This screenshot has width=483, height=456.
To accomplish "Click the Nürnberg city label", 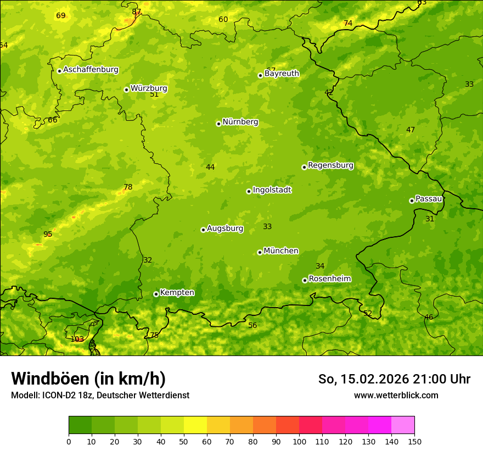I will coord(240,122).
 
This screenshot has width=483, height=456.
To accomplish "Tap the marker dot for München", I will coord(260,252).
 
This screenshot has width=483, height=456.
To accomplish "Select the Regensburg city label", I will coord(330,165).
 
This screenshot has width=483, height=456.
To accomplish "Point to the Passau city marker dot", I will coord(412,201).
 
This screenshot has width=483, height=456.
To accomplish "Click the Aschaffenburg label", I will coord(91,70).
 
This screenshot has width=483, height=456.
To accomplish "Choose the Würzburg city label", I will coord(149,88).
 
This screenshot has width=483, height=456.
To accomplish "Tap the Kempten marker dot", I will coord(156,294).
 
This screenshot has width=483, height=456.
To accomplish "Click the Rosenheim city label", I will coord(329,279).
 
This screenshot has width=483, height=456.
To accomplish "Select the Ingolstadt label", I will coord(272,190).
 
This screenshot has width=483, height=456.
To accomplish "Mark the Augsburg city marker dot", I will coord(203,230).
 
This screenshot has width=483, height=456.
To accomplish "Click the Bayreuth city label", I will coord(282,74).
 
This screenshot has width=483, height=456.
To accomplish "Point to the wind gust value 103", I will coord(77,339).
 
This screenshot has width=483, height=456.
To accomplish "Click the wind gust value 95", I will coord(48,235).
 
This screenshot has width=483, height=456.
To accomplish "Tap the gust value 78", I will coord(128,187).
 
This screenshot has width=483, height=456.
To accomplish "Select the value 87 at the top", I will coord(137,12).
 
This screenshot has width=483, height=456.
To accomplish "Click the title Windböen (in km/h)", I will coord(88,379).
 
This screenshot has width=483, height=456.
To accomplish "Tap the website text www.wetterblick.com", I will coord(396,395).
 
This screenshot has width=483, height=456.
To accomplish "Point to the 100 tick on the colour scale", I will coord(299,441).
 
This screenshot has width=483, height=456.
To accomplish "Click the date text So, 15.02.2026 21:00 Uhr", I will coord(394,379).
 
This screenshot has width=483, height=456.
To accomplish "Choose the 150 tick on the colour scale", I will coord(414,441).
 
